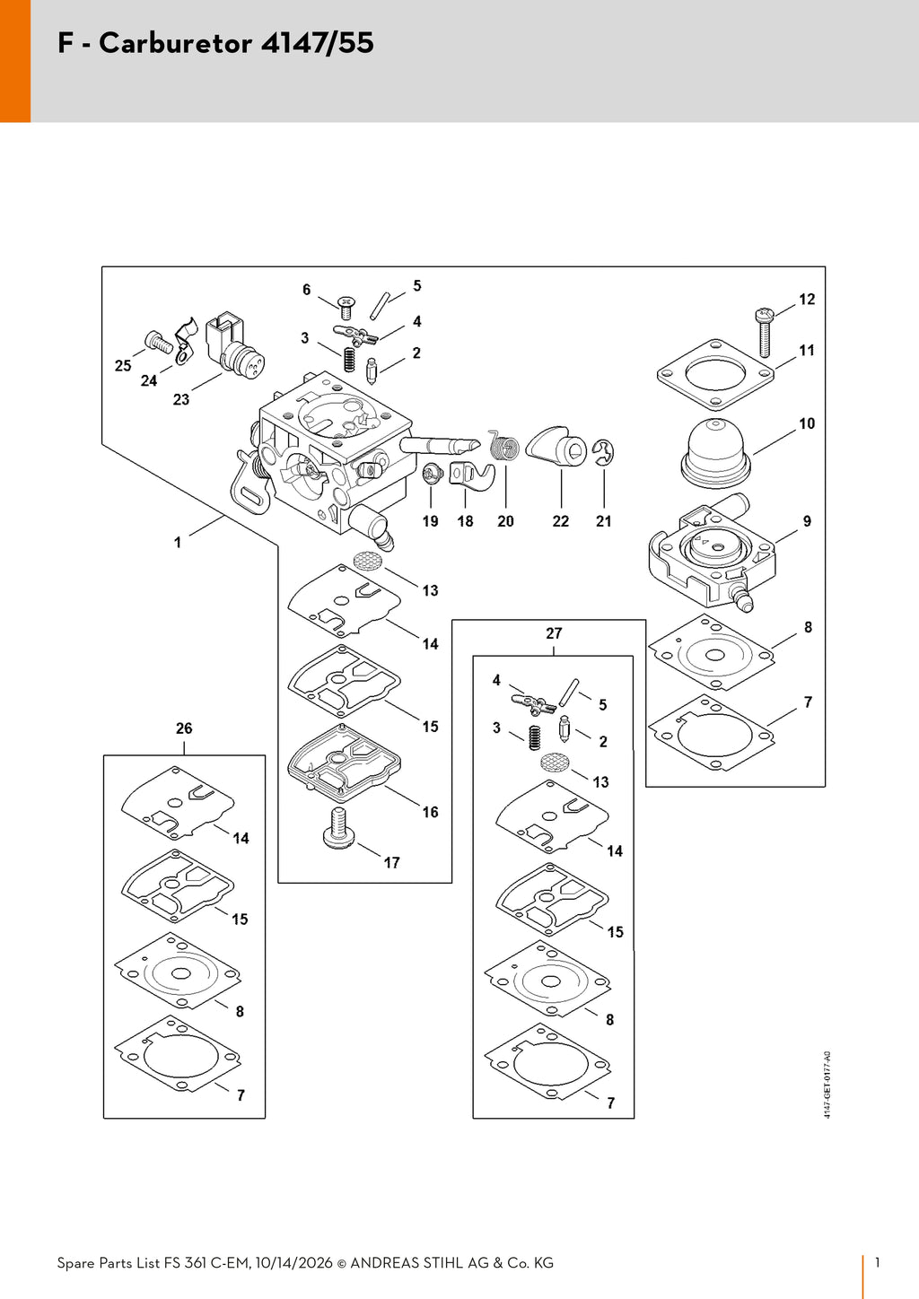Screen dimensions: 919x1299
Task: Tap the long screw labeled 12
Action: click(766, 334)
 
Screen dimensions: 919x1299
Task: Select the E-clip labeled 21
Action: click(604, 453)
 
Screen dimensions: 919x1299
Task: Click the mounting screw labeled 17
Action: click(339, 829)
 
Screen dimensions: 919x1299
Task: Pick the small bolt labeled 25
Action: click(158, 341)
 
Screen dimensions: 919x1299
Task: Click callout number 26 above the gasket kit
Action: click(184, 728)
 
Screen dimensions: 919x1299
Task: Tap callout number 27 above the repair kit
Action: click(554, 633)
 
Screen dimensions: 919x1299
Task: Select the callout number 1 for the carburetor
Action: click(178, 543)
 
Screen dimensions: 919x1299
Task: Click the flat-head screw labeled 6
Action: click(346, 307)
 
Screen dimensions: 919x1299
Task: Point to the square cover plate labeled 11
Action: click(715, 375)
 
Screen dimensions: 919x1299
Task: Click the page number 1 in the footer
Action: click(878, 1262)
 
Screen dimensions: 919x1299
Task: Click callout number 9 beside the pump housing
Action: click(807, 521)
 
